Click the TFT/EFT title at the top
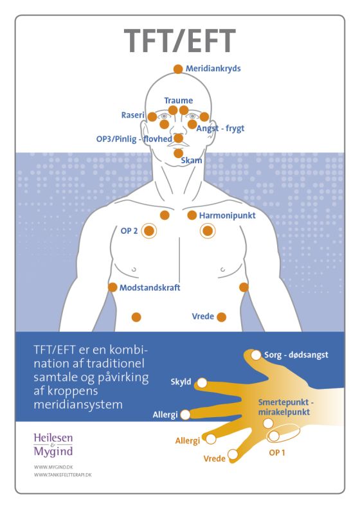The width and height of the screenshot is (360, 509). (x=179, y=41)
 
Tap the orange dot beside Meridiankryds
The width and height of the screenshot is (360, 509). (x=178, y=69)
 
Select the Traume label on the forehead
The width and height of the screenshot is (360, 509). (x=179, y=101)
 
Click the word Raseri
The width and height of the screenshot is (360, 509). (x=133, y=115)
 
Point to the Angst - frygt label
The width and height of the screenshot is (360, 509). (x=221, y=129)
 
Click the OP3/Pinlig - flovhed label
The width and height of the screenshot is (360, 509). (x=134, y=139)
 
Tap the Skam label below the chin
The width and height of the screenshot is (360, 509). (x=192, y=161)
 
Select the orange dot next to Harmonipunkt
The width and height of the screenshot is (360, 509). (x=192, y=215)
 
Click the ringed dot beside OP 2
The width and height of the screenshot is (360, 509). (x=149, y=231)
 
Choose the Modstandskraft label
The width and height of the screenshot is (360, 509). (x=150, y=288)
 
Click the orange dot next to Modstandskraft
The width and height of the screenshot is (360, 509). (x=113, y=287)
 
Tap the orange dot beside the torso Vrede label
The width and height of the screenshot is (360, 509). (x=221, y=317)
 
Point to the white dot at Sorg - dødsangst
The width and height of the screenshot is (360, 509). (x=256, y=355)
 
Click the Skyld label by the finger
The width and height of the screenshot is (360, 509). (x=181, y=382)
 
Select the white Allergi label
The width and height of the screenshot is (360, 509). (x=165, y=415)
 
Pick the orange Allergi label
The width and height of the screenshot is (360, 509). (x=188, y=441)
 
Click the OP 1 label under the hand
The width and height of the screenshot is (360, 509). (x=277, y=452)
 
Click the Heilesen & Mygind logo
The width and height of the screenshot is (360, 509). (x=53, y=445)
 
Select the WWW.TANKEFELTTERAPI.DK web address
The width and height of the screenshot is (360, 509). (x=62, y=474)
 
